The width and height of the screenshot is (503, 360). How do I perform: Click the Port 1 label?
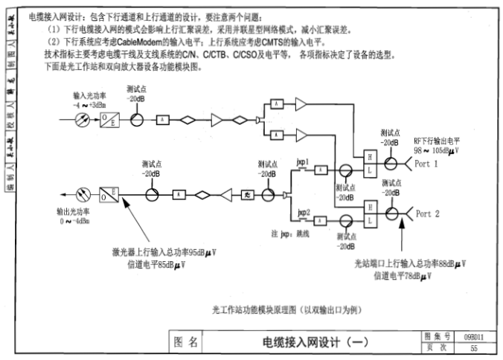coord(427,162)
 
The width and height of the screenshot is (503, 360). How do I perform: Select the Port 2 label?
coord(427,214)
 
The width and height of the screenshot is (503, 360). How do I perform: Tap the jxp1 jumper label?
coord(302,161)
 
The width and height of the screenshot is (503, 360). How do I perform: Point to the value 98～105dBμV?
coord(436,150)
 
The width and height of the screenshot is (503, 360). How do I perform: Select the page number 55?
coord(474,347)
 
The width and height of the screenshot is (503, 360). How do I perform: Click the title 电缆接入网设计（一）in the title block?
coord(310,342)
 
